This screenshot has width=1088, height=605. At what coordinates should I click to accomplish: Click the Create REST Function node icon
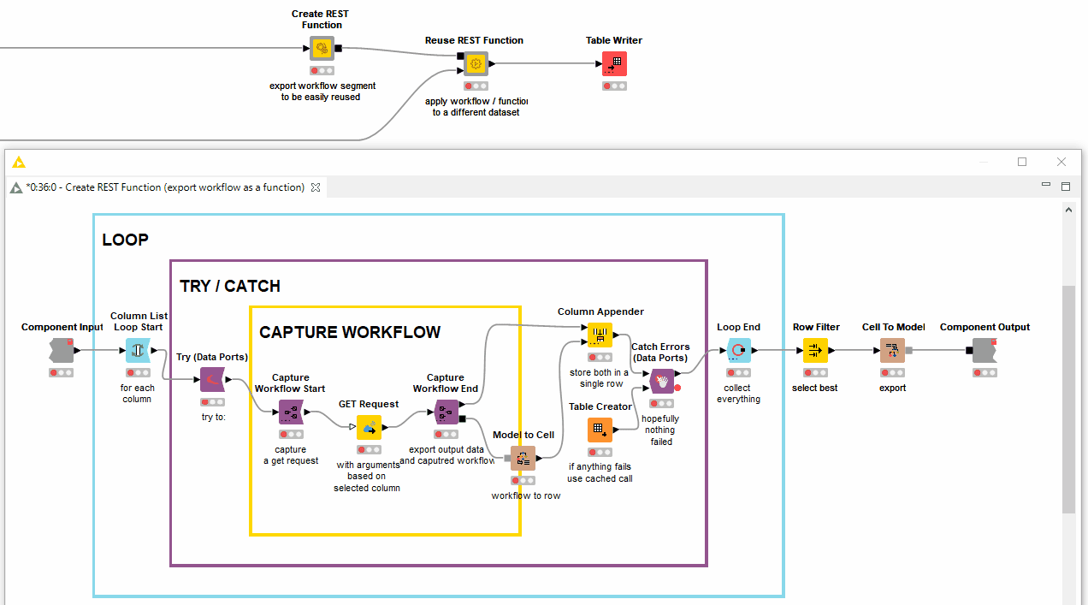(x=322, y=48)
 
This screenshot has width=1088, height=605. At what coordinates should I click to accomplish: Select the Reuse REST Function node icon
(x=476, y=63)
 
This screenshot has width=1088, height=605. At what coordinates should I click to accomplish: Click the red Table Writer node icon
(x=614, y=63)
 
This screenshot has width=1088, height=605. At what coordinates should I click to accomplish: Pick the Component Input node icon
(x=62, y=350)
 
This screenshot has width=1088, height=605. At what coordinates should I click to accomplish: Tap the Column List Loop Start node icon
(x=138, y=350)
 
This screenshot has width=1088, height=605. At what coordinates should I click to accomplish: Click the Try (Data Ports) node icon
(x=212, y=380)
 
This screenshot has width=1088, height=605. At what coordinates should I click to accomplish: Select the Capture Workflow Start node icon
(x=291, y=412)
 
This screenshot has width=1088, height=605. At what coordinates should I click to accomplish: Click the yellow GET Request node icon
(x=370, y=428)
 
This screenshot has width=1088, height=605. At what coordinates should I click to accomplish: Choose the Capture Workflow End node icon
(x=446, y=412)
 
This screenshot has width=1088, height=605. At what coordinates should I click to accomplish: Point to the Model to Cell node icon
(x=523, y=459)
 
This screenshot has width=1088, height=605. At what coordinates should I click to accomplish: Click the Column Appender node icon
(x=600, y=335)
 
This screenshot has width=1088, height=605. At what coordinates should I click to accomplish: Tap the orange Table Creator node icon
(x=600, y=430)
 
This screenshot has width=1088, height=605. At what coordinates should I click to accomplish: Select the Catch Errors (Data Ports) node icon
(x=661, y=381)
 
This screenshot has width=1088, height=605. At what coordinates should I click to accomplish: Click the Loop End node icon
(x=739, y=350)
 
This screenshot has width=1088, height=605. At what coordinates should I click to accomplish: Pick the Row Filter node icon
(x=815, y=350)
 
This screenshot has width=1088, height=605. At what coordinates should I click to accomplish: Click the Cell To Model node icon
(x=892, y=350)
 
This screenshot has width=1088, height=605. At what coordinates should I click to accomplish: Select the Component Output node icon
(x=985, y=350)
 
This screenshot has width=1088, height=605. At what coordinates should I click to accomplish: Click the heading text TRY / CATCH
(x=230, y=286)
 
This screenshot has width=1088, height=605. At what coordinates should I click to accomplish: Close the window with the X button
(x=1061, y=162)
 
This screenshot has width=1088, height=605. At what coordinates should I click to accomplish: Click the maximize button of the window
(x=1022, y=162)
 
